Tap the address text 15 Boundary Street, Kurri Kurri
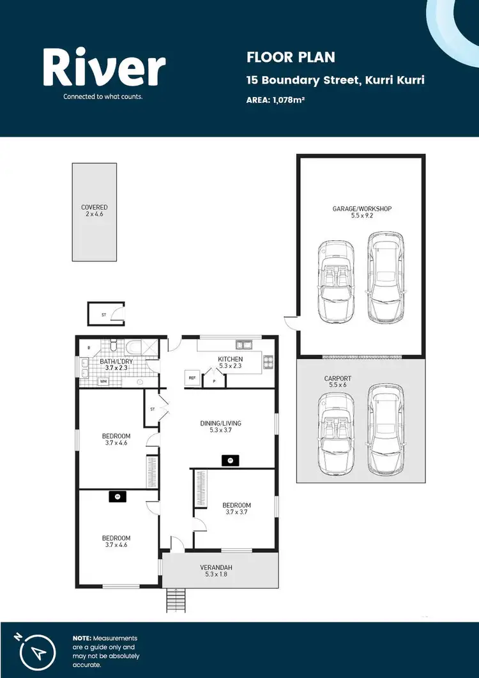[x=335, y=81]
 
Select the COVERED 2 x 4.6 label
[x=94, y=211]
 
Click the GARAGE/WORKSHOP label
[x=361, y=209]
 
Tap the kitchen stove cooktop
[x=268, y=362]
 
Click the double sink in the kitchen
[x=243, y=344]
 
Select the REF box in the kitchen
[x=192, y=378]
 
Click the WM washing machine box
[x=103, y=381]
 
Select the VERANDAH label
[x=220, y=566]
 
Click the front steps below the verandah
[x=175, y=600]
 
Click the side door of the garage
[x=291, y=323]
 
